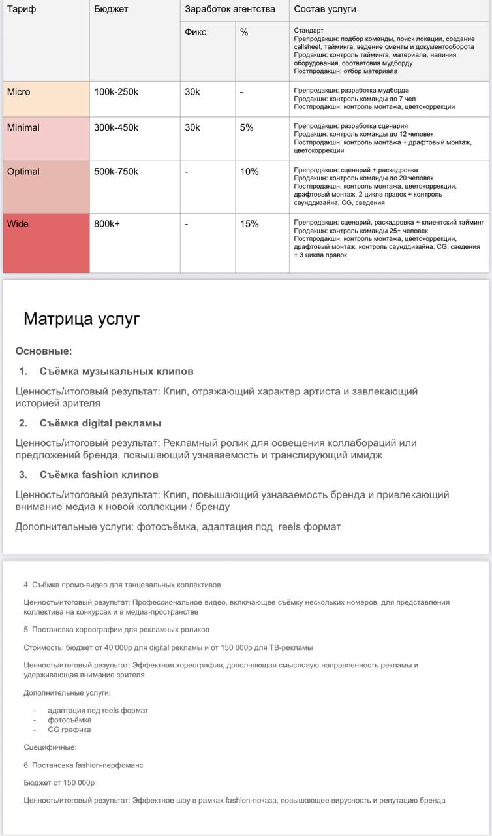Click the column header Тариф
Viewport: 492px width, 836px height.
pos(22,9)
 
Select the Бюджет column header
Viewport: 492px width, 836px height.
pos(111,9)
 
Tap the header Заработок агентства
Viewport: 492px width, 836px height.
pos(230,9)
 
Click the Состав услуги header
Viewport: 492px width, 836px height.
pos(325,9)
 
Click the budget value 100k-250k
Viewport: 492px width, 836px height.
pos(116,92)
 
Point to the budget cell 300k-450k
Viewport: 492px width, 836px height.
pos(116,128)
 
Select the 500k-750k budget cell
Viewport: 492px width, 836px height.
pos(116,172)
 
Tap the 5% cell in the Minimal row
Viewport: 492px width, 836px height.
pos(247,128)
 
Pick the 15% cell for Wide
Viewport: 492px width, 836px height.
pos(249,224)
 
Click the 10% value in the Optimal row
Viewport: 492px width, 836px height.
pos(249,172)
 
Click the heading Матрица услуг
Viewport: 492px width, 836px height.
pos(82,319)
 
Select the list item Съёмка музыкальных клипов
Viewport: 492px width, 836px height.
pos(116,371)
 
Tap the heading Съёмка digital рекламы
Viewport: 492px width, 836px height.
pos(100,423)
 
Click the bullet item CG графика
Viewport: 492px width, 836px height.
pos(69,730)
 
